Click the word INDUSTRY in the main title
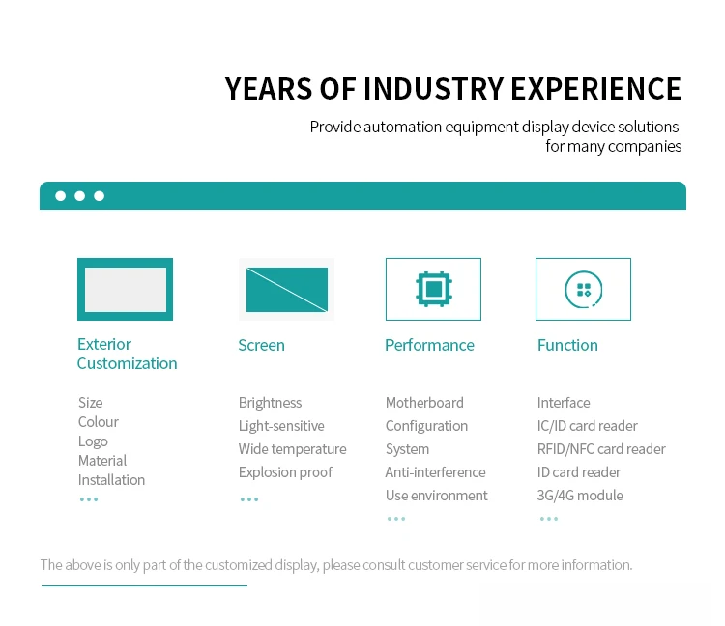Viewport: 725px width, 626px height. point(433,88)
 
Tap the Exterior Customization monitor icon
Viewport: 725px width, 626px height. point(125,289)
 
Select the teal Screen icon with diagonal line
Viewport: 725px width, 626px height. point(287,290)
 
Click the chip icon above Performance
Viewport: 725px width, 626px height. point(434,289)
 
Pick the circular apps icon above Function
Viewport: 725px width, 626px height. point(583,290)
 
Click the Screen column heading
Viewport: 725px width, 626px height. point(261,345)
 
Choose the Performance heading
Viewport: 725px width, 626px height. point(429,345)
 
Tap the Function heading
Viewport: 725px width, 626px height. point(567,345)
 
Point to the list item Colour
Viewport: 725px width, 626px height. point(98,422)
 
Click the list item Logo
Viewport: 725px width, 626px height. point(93,441)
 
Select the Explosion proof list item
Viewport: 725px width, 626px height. point(285,472)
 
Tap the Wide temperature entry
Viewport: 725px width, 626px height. point(292,449)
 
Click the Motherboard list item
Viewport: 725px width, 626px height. point(424,403)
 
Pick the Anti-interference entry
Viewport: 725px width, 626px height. point(436,472)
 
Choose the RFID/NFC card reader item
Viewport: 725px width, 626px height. point(601,449)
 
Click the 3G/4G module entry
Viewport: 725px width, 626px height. point(580,496)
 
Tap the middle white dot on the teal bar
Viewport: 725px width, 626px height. point(79,196)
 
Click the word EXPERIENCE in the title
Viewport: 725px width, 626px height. point(596,88)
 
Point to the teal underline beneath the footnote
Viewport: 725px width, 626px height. point(144,585)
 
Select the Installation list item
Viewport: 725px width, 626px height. point(111,480)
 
